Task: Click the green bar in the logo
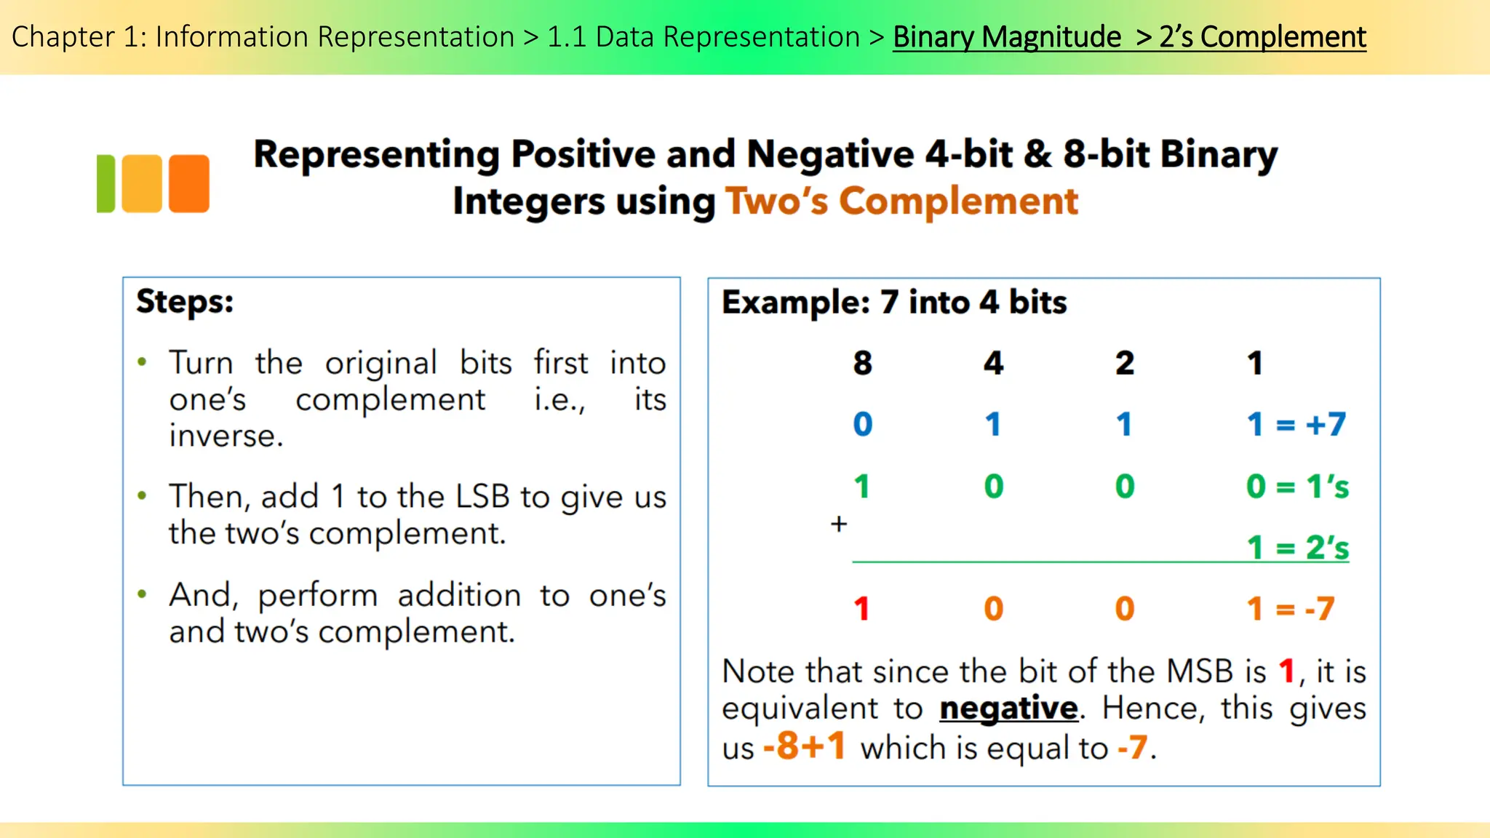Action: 106,183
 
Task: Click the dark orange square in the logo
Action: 189,183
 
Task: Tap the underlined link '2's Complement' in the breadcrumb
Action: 1262,36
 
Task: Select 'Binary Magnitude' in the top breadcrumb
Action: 1007,36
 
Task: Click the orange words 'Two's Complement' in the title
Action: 901,201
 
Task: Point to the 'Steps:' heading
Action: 185,301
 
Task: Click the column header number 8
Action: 862,363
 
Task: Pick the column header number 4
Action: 993,363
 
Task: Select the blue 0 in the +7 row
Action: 862,424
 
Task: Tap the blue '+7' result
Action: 1326,424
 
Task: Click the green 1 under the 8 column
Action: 862,486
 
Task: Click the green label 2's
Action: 1328,548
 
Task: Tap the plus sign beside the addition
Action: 839,524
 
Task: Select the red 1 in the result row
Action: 862,609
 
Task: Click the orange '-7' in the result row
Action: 1320,609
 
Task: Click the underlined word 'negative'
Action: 1008,709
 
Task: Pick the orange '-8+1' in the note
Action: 804,746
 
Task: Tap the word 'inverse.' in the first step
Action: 226,436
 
